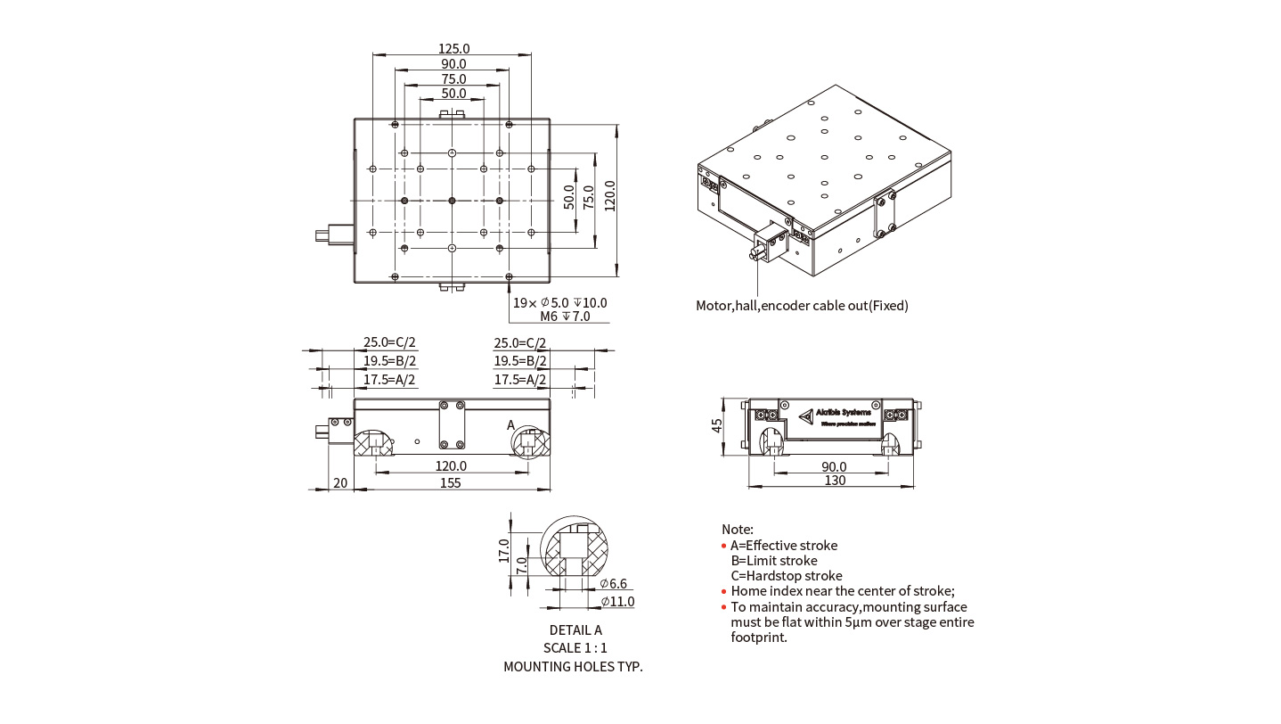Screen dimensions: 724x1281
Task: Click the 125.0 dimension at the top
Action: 453,49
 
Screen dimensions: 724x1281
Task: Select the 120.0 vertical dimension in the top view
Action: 610,196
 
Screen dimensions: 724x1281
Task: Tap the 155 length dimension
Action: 451,482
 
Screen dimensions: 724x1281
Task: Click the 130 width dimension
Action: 835,481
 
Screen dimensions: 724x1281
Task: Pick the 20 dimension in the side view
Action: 339,482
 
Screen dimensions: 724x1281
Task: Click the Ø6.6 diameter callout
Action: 614,584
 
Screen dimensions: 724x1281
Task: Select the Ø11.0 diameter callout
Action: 617,602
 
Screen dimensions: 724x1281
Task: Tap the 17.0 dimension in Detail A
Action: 503,550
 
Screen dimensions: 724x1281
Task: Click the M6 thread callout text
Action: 565,317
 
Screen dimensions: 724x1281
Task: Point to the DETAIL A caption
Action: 575,630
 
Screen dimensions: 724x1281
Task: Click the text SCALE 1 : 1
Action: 575,648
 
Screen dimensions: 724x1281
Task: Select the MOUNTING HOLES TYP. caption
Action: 573,666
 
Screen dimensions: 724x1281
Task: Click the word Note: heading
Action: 738,529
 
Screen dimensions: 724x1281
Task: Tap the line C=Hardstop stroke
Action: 786,576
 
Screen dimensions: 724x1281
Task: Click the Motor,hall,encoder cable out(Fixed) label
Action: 802,306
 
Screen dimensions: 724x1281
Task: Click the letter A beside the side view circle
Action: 511,425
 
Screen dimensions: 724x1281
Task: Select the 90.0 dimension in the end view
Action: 834,466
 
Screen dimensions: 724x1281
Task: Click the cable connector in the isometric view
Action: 768,243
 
